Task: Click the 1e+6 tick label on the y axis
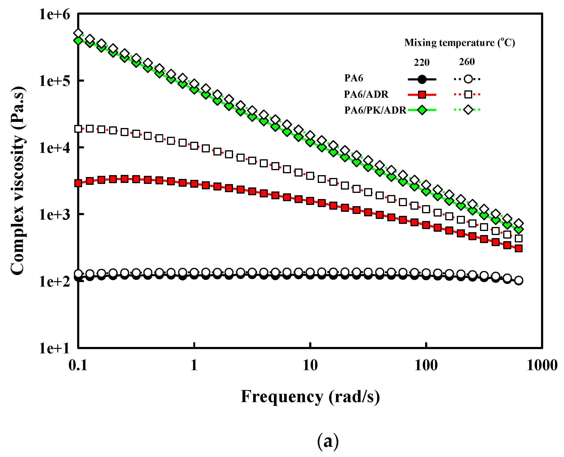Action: pos(55,14)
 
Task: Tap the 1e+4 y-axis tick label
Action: pos(55,148)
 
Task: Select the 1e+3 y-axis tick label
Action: pos(55,215)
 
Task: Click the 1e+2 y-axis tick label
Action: pos(55,281)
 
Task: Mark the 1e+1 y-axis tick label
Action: pos(55,348)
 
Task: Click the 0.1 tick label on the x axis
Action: pos(78,365)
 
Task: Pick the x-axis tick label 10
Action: pos(310,365)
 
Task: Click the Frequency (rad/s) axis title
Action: pos(310,397)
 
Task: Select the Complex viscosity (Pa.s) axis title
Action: pos(18,181)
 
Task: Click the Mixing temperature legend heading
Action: pos(459,43)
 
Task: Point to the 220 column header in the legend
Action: pos(422,63)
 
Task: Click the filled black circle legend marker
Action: pos(422,79)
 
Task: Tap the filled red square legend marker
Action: pos(422,94)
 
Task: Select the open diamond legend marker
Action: pos(468,110)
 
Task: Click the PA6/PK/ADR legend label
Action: pos(375,110)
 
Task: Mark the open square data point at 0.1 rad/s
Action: pos(78,129)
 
